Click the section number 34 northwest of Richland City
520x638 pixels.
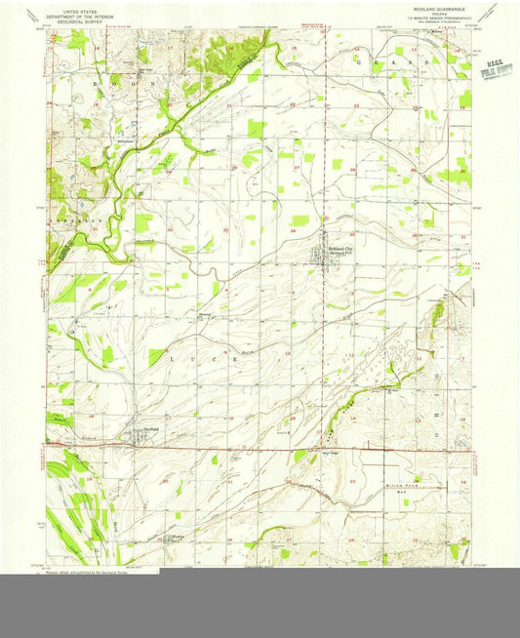point(294,231)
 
